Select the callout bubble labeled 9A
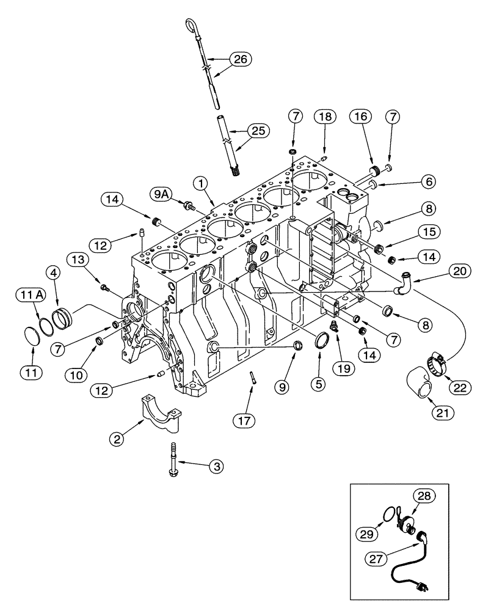(x=161, y=194)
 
